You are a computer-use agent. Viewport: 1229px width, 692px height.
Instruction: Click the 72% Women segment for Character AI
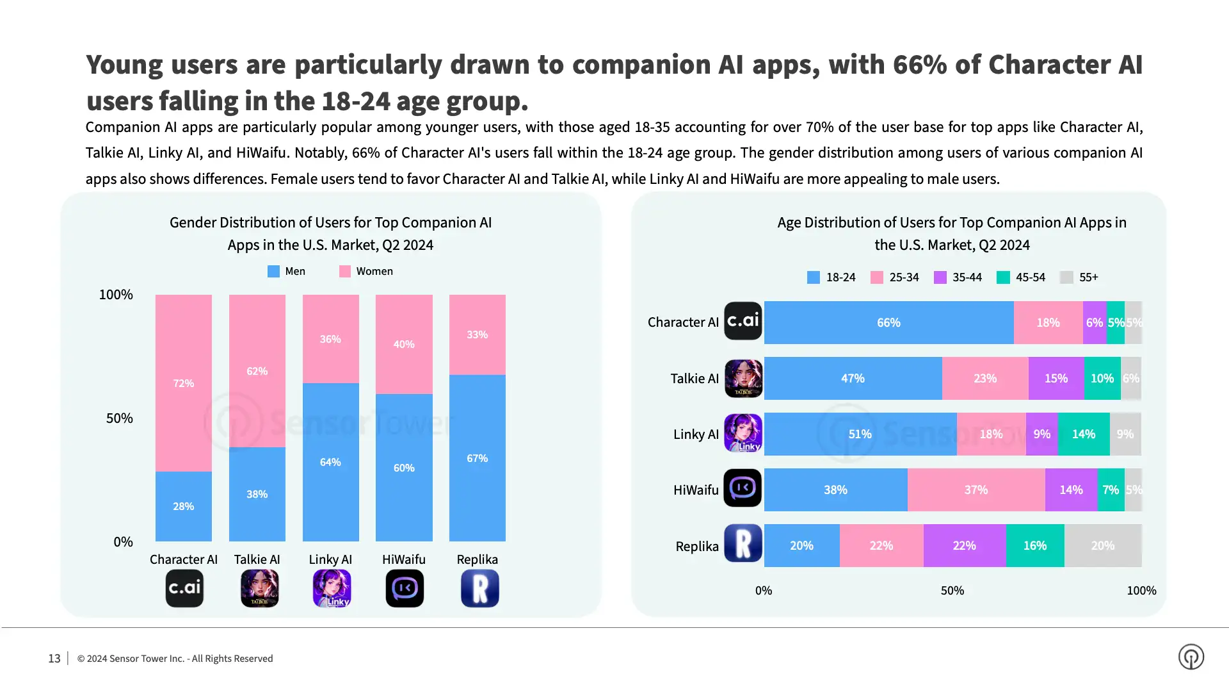pyautogui.click(x=183, y=383)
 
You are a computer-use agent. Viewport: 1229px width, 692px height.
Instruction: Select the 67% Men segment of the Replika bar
pyautogui.click(x=477, y=458)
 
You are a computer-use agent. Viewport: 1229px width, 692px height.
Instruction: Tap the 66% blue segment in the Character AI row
pyautogui.click(x=888, y=322)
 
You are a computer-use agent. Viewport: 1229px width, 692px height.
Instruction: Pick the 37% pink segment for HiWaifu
pyautogui.click(x=976, y=490)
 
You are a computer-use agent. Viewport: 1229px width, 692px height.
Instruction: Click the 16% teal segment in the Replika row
pyautogui.click(x=1034, y=545)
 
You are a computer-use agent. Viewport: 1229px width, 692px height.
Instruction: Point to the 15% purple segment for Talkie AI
pyautogui.click(x=1056, y=378)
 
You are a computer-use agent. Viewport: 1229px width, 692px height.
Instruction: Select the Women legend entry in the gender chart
pyautogui.click(x=366, y=271)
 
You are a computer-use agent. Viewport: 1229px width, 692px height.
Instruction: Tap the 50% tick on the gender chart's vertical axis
pyautogui.click(x=120, y=418)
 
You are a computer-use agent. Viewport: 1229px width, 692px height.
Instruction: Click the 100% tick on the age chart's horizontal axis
pyautogui.click(x=1141, y=590)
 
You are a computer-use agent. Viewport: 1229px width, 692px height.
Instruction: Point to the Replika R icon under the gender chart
pyautogui.click(x=479, y=588)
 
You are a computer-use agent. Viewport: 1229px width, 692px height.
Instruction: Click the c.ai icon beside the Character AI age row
pyautogui.click(x=743, y=320)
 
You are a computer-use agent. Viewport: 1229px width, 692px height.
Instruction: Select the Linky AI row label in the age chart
pyautogui.click(x=696, y=434)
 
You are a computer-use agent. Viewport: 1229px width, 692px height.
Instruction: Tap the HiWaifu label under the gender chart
pyautogui.click(x=403, y=559)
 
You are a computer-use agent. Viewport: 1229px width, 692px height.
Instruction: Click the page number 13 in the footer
pyautogui.click(x=54, y=658)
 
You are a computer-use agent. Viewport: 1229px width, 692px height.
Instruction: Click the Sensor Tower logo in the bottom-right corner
pyautogui.click(x=1191, y=657)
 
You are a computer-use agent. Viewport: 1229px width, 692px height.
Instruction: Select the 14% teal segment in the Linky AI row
pyautogui.click(x=1083, y=434)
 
